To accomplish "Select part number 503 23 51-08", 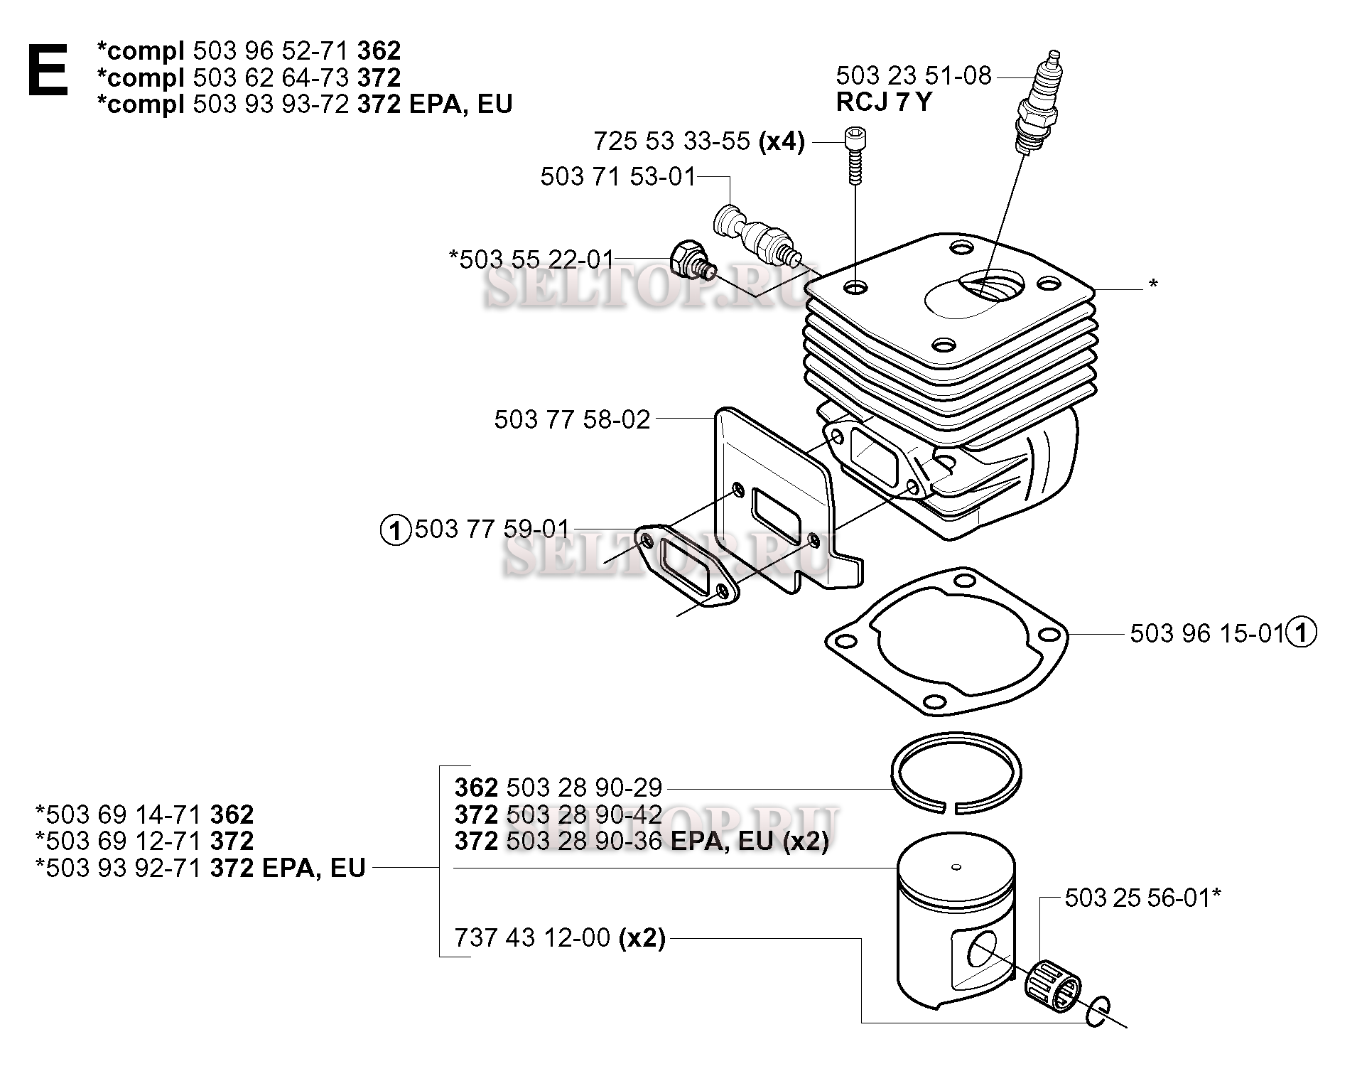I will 913,75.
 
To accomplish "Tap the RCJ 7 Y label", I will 883,102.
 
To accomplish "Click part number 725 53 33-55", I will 671,141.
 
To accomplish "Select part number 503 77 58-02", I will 572,419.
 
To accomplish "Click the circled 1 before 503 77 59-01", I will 396,530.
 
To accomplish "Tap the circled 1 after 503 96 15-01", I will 1302,633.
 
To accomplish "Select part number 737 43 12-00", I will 532,938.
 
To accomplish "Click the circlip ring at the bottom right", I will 1097,1011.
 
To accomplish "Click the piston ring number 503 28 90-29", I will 583,787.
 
